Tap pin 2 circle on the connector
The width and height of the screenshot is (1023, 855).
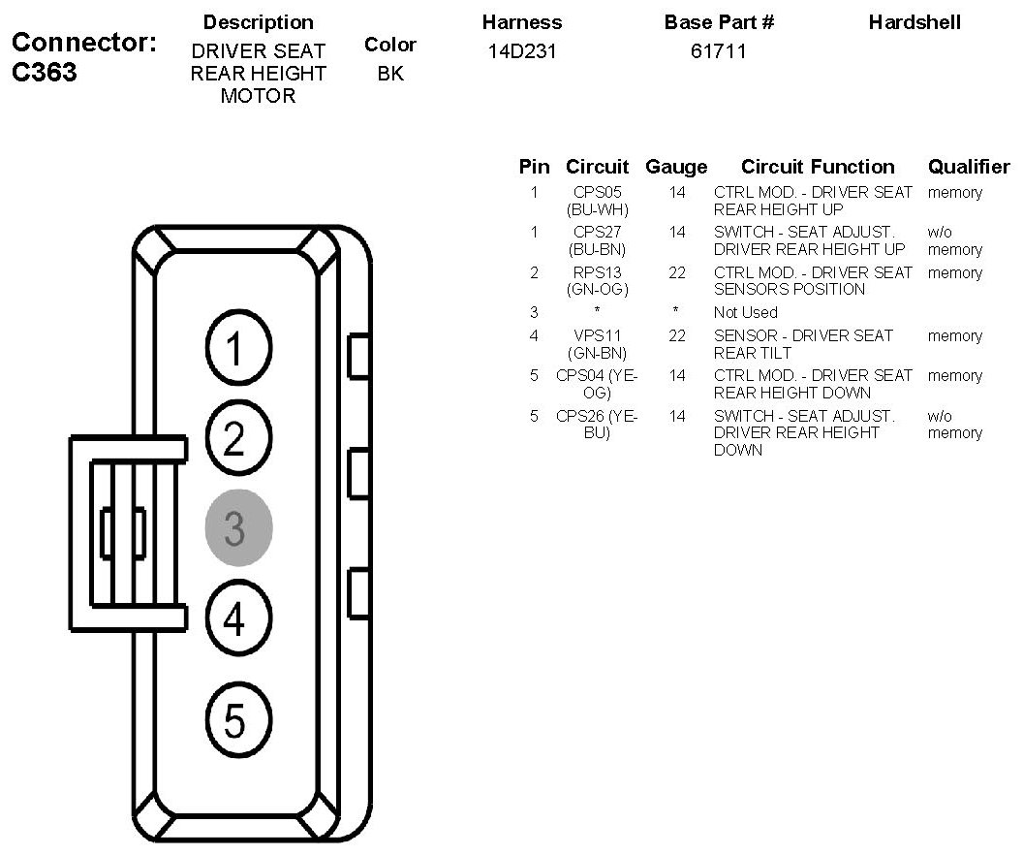pos(238,438)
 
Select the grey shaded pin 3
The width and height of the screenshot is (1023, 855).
pos(238,528)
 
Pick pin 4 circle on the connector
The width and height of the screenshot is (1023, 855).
pos(238,618)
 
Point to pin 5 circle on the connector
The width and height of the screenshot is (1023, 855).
pos(238,720)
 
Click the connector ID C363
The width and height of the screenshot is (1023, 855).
pos(45,73)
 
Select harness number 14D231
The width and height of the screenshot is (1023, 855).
pos(521,51)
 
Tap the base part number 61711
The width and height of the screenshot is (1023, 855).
pos(718,51)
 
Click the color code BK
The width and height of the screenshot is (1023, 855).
pos(390,73)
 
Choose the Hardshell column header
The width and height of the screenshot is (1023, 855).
pos(914,22)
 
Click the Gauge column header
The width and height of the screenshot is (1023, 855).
pos(676,167)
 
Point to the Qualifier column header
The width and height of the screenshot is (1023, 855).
pos(969,167)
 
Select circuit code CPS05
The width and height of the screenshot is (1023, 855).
pos(598,193)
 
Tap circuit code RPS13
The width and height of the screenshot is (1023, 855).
pos(598,273)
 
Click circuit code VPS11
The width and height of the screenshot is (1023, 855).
pos(598,336)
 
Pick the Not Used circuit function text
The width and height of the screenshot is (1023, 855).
pos(745,312)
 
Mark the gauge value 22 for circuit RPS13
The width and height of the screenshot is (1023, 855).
pos(676,273)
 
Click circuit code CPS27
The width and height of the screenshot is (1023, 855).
pos(598,233)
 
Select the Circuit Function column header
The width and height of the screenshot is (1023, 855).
pos(818,167)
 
